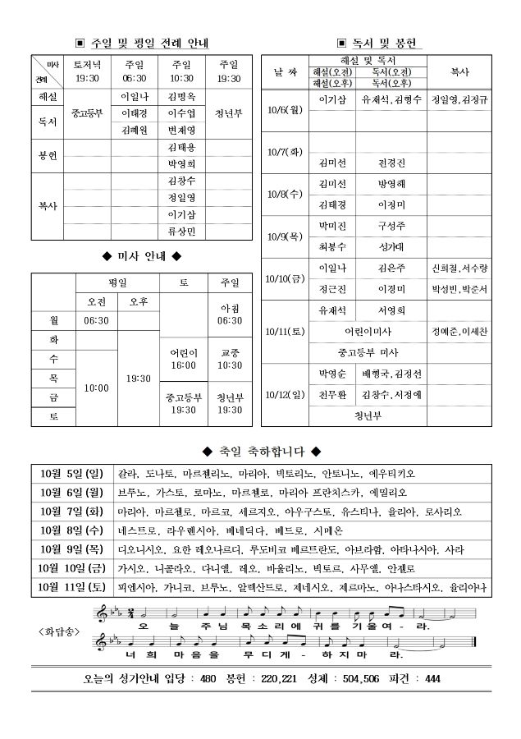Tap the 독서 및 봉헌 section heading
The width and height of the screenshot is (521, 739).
tap(381, 42)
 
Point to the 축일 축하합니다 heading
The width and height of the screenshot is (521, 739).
tap(261, 452)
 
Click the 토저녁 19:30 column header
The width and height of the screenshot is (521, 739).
tap(86, 71)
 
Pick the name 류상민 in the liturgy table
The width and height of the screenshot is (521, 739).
tap(181, 232)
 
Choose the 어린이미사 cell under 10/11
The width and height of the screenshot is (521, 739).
tap(366, 332)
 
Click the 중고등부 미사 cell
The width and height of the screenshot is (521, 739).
tap(366, 352)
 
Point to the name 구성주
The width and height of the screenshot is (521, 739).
tap(392, 225)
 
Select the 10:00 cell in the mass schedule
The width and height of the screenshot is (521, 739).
tap(97, 387)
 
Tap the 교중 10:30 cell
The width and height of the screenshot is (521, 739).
tap(230, 359)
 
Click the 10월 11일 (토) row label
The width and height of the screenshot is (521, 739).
tap(72, 587)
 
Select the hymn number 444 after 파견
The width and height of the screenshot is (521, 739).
tap(433, 678)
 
